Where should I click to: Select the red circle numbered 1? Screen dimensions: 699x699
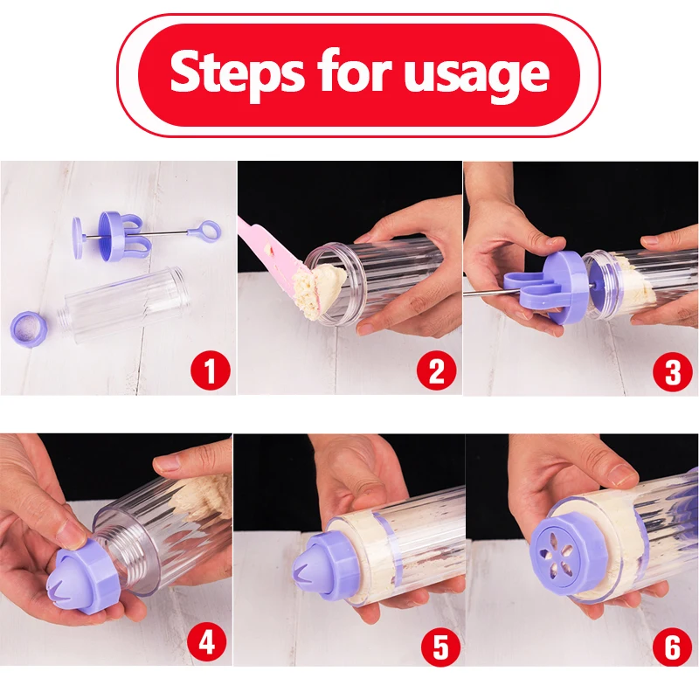tap(211, 370)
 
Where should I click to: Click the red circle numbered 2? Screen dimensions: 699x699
tap(437, 370)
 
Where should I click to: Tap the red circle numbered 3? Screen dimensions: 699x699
tap(673, 371)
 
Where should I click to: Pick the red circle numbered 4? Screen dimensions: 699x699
tap(206, 643)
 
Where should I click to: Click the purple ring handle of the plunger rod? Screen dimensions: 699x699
tap(208, 229)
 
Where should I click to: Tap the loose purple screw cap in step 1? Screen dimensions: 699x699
tap(28, 329)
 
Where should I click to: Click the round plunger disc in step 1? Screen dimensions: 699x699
tap(78, 238)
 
